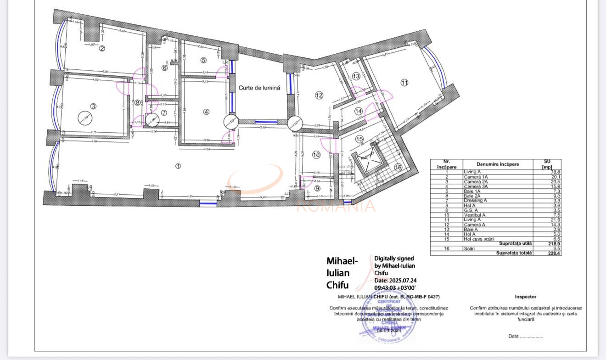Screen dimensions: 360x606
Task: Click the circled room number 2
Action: (102, 48)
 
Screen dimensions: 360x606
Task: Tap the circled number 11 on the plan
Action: (404, 83)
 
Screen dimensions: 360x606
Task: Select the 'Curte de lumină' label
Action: (259, 88)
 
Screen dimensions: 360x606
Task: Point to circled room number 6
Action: (164, 68)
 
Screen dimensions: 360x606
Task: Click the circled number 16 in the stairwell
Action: (398, 167)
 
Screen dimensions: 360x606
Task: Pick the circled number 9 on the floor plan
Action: (318, 188)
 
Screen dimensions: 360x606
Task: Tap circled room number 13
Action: (356, 76)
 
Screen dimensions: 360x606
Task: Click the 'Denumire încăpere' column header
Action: (497, 164)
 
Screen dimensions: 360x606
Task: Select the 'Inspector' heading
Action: (525, 297)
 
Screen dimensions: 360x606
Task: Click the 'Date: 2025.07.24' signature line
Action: (395, 280)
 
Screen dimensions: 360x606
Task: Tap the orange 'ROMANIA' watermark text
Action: (336, 206)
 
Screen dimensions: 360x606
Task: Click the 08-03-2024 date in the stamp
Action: (389, 330)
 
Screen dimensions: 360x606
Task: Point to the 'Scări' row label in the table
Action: (469, 248)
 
